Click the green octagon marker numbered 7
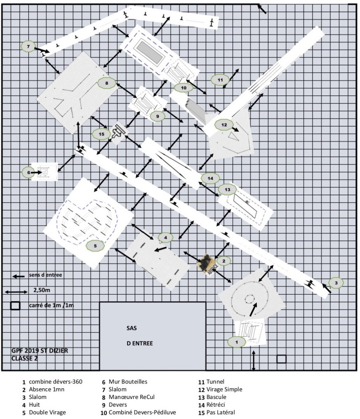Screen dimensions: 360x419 click(x=29, y=47)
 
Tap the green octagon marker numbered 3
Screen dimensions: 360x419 click(x=336, y=283)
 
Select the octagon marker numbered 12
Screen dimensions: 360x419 click(x=224, y=125)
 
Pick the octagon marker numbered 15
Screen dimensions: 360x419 click(x=101, y=134)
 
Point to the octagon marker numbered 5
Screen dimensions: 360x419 click(x=95, y=246)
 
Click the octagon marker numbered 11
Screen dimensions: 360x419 click(x=220, y=80)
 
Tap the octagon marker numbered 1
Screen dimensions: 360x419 click(x=236, y=342)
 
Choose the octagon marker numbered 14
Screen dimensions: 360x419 click(x=210, y=178)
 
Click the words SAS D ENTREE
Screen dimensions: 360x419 click(x=139, y=336)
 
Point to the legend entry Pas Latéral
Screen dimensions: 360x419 click(x=220, y=412)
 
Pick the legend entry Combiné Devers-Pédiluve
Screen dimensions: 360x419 click(x=142, y=412)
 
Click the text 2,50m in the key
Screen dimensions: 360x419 click(x=42, y=290)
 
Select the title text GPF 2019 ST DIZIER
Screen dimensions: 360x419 click(x=40, y=350)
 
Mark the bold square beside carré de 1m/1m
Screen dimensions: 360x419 click(x=15, y=305)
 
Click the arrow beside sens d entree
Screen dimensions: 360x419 click(x=19, y=276)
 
